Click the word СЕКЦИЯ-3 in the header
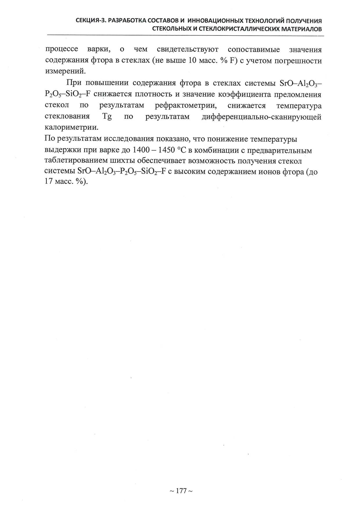click(89, 21)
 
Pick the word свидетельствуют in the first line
click(187, 50)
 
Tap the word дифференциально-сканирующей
click(261, 117)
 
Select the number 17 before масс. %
click(49, 183)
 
